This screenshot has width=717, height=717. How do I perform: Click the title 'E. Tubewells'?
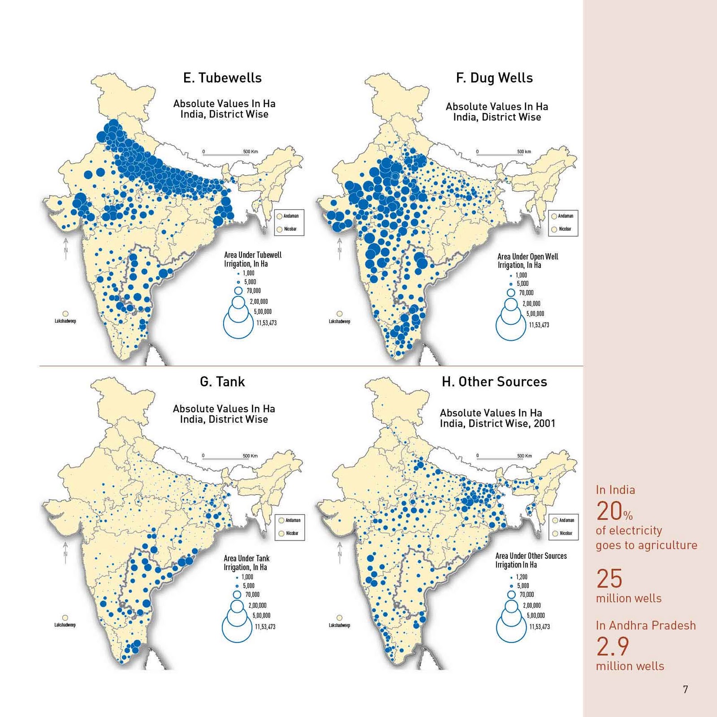click(222, 78)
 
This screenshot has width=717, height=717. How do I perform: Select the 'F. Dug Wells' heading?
click(494, 78)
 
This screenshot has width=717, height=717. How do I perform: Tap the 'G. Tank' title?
click(222, 382)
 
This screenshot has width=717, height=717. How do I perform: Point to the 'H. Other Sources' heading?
click(494, 382)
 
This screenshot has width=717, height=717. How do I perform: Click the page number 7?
click(685, 689)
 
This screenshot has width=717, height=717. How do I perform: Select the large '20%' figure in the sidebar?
click(614, 511)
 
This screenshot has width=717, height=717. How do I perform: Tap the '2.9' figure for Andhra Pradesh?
click(613, 646)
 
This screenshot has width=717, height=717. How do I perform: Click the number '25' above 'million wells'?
click(609, 579)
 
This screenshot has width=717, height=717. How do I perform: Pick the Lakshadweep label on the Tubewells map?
click(65, 321)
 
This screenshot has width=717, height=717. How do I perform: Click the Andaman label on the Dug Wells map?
click(566, 216)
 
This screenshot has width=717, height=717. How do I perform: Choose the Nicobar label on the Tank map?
click(292, 533)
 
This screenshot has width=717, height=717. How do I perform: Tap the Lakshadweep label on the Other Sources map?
click(339, 625)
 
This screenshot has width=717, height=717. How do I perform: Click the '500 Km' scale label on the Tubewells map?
click(251, 151)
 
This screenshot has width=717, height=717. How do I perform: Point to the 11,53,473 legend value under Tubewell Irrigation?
click(266, 323)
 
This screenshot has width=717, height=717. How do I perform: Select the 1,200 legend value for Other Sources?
click(522, 577)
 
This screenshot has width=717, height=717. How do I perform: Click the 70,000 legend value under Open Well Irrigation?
click(526, 293)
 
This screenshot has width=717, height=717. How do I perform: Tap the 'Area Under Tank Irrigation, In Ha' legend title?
click(246, 563)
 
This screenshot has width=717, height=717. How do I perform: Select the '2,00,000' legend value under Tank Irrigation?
click(257, 605)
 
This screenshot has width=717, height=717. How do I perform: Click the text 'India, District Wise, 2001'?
click(497, 423)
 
